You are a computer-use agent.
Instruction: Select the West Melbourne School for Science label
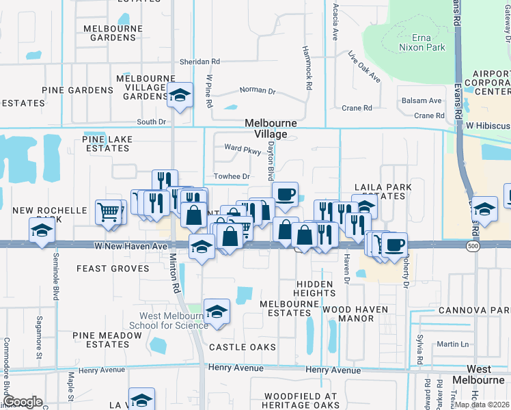click(x=174, y=320)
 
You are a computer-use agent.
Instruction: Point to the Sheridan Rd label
click(x=199, y=61)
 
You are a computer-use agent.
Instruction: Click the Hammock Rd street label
click(x=308, y=68)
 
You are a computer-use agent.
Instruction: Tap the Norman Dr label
click(x=258, y=90)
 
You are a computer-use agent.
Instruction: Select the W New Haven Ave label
click(x=130, y=245)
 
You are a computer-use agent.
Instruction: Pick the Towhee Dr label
click(x=232, y=176)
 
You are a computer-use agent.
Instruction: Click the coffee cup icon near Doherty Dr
click(x=393, y=244)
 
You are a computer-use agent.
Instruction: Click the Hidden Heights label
click(x=316, y=288)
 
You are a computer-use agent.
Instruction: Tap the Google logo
click(x=23, y=402)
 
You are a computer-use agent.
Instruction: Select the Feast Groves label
click(x=113, y=269)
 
